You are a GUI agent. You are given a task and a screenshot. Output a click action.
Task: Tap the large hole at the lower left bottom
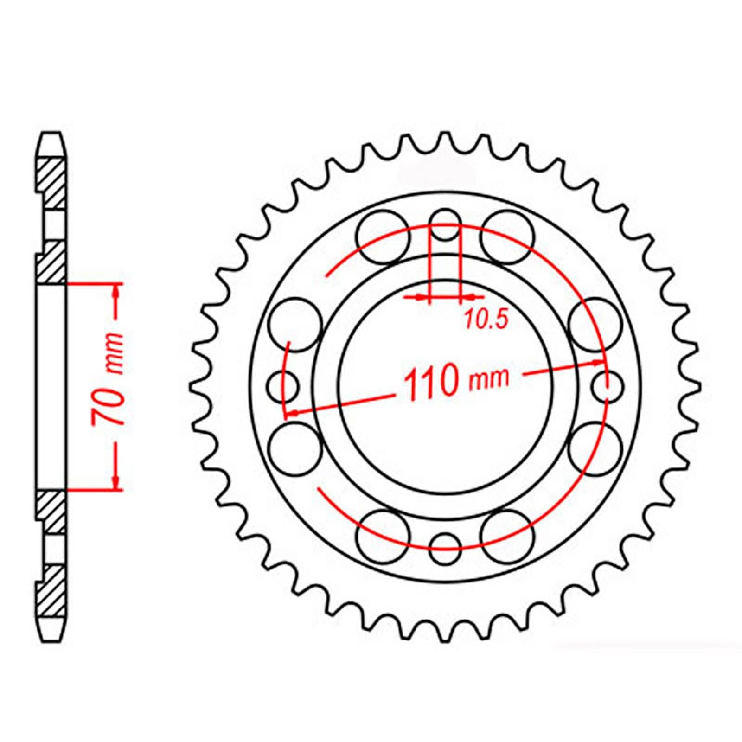[x=383, y=535]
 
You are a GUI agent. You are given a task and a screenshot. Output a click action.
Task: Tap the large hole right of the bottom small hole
[x=506, y=535]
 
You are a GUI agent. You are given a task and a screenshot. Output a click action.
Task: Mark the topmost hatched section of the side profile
[x=51, y=183]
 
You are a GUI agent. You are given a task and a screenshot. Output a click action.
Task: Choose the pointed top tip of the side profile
[x=51, y=135]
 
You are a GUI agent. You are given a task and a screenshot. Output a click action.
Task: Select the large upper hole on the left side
[x=295, y=325]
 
